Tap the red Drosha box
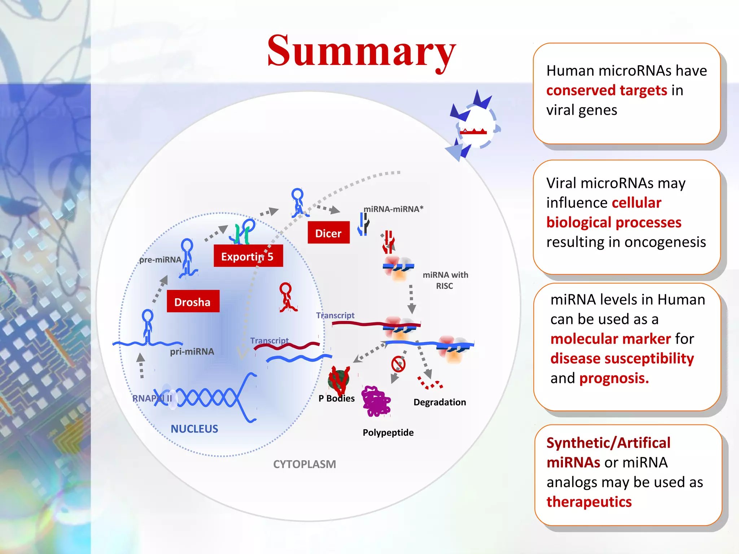click(193, 301)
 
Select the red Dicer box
click(328, 233)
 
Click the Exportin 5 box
click(248, 256)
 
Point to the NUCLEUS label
click(194, 429)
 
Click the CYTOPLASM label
click(304, 464)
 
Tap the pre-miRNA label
click(160, 260)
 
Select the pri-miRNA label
click(192, 351)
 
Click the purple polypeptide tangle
click(376, 401)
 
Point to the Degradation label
click(440, 402)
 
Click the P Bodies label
click(336, 398)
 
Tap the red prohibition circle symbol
click(398, 364)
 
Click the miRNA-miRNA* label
click(393, 209)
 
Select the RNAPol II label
click(152, 398)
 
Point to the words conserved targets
click(607, 91)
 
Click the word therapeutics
click(589, 502)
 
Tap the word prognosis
click(614, 378)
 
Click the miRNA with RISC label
click(445, 280)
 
